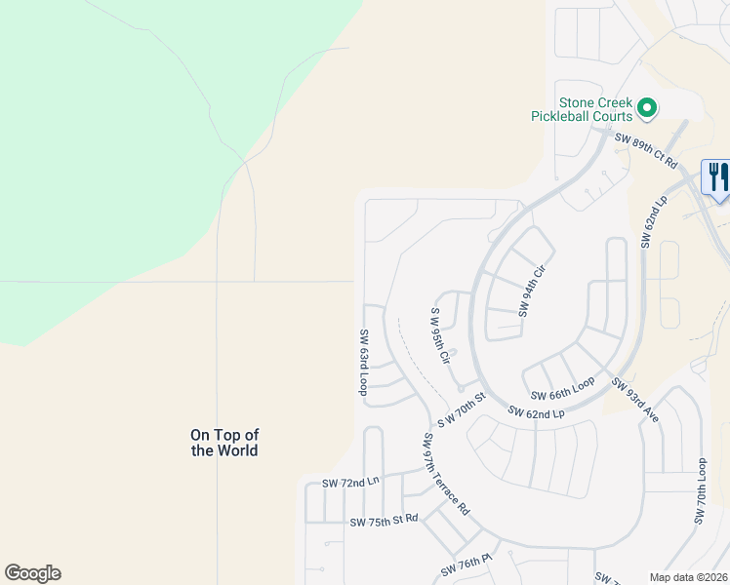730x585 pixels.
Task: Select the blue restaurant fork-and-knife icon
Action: [x=717, y=177]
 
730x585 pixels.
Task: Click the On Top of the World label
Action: [x=224, y=443]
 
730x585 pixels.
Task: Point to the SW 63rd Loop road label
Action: [x=363, y=361]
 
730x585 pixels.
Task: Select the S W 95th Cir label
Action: [x=440, y=336]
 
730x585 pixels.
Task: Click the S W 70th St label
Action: [x=461, y=409]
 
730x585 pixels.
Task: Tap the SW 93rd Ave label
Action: [x=635, y=400]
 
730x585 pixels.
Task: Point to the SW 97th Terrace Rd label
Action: [x=446, y=475]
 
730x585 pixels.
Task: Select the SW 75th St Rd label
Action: [x=384, y=522]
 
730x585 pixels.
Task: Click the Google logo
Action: [x=32, y=573]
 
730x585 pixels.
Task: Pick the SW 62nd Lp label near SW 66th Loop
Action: [x=536, y=413]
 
